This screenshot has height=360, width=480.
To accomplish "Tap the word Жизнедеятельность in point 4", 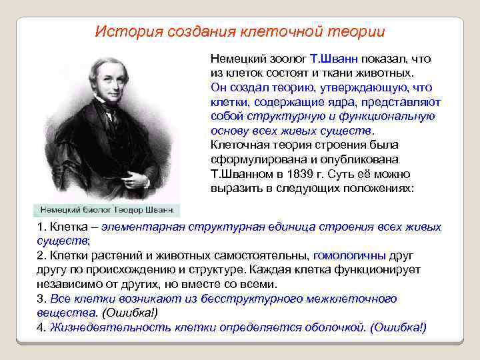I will pos(110,327).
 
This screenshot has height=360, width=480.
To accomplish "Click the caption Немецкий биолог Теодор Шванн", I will pos(107,209).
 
